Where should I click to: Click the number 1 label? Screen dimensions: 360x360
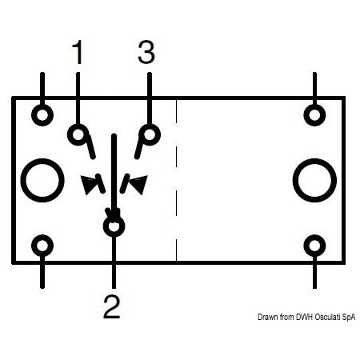(x=78, y=52)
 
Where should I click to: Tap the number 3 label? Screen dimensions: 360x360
(x=146, y=52)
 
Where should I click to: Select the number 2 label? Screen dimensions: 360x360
(x=112, y=306)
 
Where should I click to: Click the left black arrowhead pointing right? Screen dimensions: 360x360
(x=88, y=183)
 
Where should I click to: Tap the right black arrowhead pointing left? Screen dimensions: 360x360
(x=139, y=183)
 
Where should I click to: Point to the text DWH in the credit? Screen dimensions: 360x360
(x=304, y=317)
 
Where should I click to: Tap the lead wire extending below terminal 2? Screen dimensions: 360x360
(x=114, y=262)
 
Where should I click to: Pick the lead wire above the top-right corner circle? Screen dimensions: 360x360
(x=314, y=88)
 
